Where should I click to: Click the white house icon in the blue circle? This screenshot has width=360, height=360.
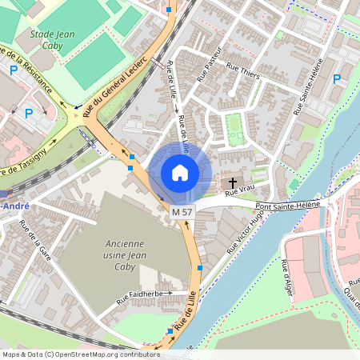[180, 173]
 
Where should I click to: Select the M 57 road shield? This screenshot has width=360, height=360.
[182, 212]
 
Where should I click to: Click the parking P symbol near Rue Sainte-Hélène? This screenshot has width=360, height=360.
[337, 79]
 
